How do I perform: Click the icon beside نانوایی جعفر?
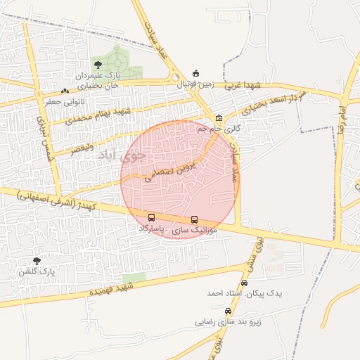pos(65,91)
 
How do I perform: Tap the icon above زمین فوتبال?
pos(195,73)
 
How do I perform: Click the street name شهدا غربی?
pos(243,86)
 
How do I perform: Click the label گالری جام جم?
pos(219,129)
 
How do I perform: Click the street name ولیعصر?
pos(82,148)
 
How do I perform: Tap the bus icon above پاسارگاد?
pos(152,217)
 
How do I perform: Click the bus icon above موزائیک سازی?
pos(195,219)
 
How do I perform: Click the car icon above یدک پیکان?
pos(244,282)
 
